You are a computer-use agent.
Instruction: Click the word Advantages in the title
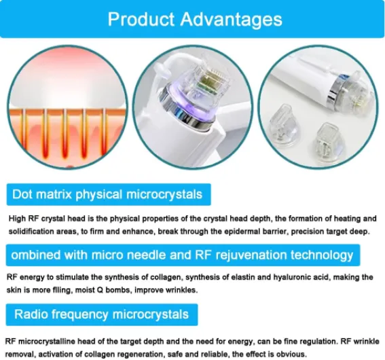pyautogui.click(x=232, y=20)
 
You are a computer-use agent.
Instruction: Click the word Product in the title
pyautogui.click(x=141, y=19)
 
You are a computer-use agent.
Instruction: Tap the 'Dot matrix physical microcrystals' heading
pyautogui.click(x=107, y=194)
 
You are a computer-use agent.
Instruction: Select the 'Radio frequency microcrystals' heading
pyautogui.click(x=101, y=314)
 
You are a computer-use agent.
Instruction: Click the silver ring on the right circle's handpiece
pyautogui.click(x=336, y=91)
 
